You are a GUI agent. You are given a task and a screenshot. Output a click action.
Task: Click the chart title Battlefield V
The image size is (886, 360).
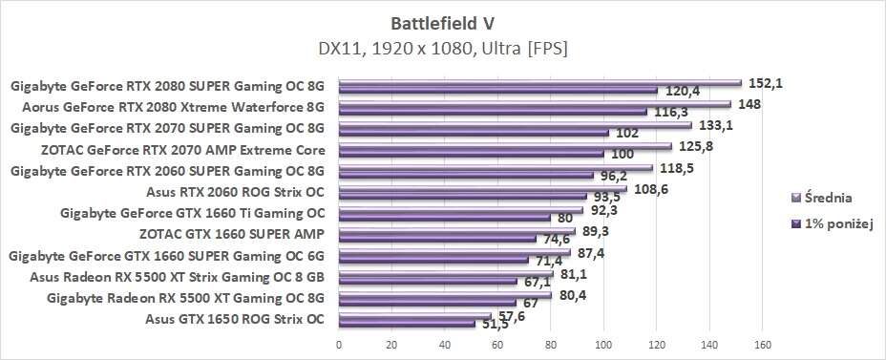443,20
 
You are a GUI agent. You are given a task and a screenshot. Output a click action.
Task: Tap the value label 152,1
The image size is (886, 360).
765,82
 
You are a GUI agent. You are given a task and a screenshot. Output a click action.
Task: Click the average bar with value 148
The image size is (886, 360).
535,104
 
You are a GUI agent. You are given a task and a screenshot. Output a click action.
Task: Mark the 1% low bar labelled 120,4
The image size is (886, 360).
497,91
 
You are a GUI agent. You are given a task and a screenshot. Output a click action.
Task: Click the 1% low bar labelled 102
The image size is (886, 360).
474,133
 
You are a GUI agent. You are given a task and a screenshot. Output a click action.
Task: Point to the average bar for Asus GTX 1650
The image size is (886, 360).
414,316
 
